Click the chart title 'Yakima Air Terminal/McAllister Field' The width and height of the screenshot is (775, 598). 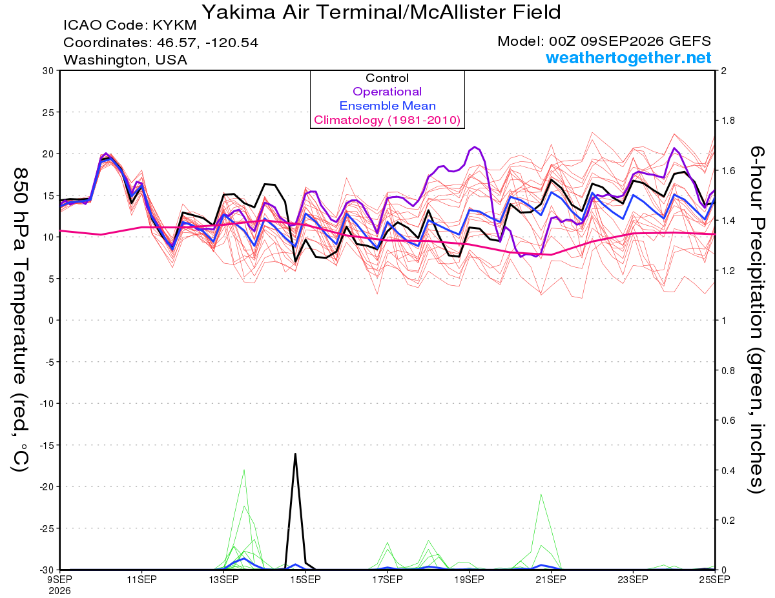point(382,13)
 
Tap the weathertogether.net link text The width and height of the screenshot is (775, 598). point(628,57)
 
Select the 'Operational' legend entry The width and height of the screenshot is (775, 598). point(387,92)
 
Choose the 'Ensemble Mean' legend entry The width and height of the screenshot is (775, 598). point(387,106)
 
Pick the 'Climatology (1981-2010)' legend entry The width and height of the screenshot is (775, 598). point(387,120)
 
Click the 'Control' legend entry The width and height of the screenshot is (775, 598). point(387,78)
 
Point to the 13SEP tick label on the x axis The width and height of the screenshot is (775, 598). point(223,579)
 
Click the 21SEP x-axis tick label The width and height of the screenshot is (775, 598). point(551,579)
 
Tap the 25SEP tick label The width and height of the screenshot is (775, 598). point(714,579)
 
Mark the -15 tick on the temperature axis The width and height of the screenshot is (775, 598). point(46,445)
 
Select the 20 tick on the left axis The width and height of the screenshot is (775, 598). point(48,154)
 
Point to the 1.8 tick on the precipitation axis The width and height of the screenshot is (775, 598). point(728,121)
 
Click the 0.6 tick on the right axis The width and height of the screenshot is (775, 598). point(728,420)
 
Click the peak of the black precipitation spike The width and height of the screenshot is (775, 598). point(295,453)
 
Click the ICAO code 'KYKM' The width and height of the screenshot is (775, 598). point(174,25)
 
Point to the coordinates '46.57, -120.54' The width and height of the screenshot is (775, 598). point(207,43)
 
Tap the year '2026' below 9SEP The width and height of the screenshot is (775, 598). point(59,592)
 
